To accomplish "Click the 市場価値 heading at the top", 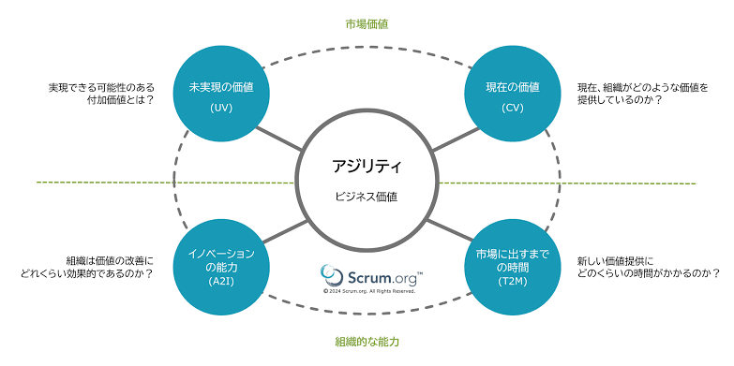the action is coord(367,24).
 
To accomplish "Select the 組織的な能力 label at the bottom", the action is coord(367,342).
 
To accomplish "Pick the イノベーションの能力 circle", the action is coord(221,268).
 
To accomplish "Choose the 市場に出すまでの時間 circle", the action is coord(512,268).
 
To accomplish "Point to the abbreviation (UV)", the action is coord(221,108).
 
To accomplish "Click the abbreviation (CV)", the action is coord(512,108).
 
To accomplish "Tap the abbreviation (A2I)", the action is coord(221,282).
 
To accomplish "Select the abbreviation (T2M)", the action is coord(512,282).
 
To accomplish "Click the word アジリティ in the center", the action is coord(367,166).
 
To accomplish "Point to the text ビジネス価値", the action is coord(367,197).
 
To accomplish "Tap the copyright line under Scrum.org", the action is coord(369,291).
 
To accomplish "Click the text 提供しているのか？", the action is coord(620,100).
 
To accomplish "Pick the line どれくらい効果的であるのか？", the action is coord(87,274).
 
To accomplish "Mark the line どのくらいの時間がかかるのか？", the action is coord(649,274).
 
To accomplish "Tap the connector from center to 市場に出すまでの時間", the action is coord(451,230).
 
